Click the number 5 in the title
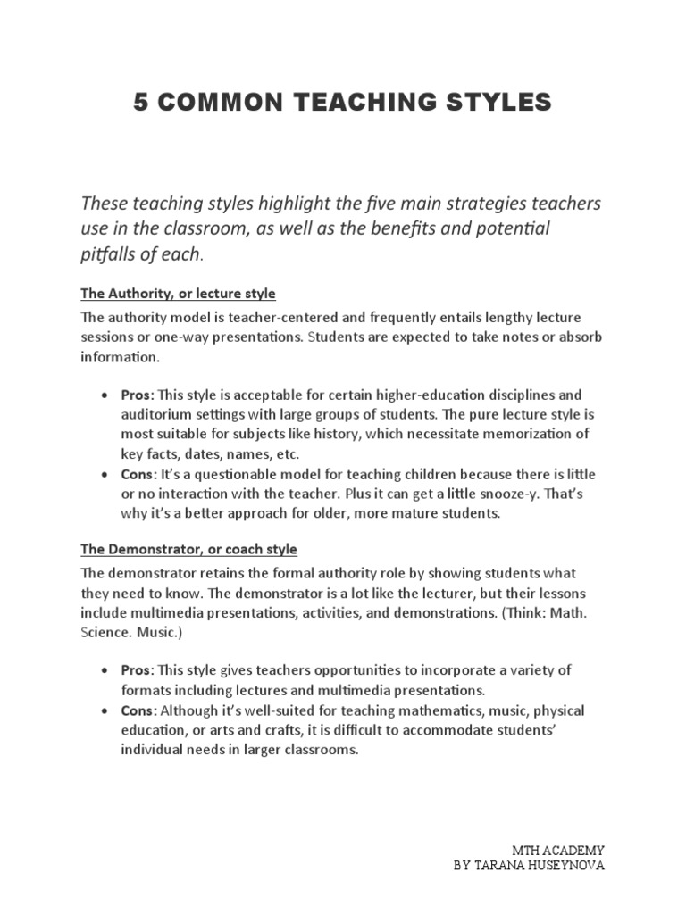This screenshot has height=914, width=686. (139, 103)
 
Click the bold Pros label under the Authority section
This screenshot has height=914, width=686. (138, 395)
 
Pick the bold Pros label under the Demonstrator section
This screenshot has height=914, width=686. (138, 669)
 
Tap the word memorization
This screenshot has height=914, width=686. (544, 435)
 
